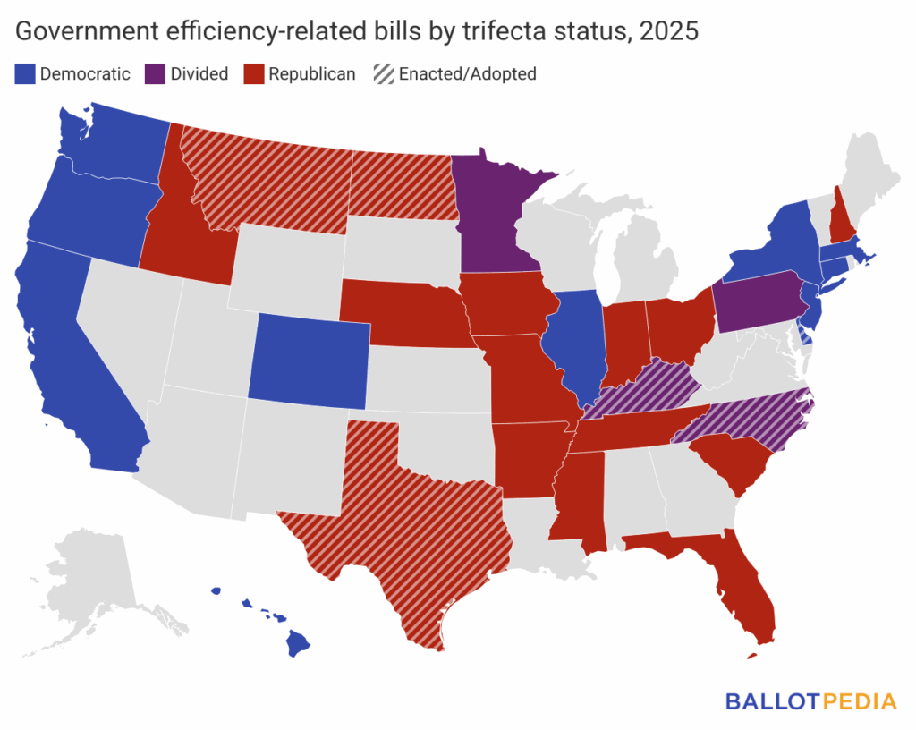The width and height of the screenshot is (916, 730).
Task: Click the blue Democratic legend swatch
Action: click(25, 74)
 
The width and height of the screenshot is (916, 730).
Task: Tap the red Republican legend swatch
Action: click(254, 74)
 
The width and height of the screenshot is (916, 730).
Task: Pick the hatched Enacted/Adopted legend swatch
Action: click(382, 74)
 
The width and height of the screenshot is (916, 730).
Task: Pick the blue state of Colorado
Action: click(309, 358)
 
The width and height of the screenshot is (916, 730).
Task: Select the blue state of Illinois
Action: click(578, 344)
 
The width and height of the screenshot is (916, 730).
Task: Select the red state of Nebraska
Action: click(403, 313)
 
